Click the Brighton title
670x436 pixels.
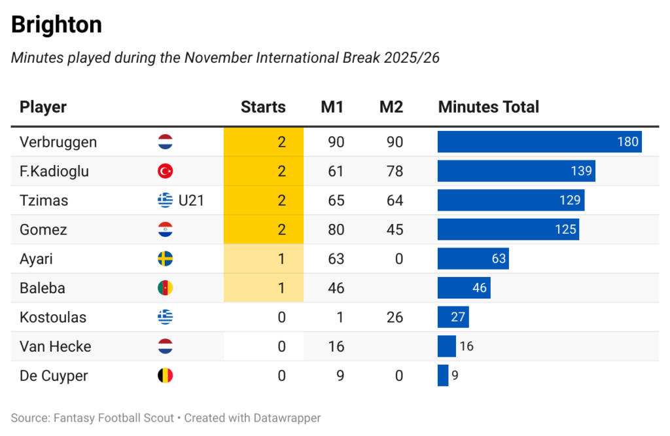pyautogui.click(x=56, y=25)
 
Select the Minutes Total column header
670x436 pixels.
pyautogui.click(x=488, y=107)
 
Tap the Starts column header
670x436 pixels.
pyautogui.click(x=263, y=107)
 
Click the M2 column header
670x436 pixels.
pyautogui.click(x=391, y=107)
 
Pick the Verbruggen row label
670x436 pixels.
pyautogui.click(x=58, y=142)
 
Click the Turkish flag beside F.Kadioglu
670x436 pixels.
pyautogui.click(x=166, y=172)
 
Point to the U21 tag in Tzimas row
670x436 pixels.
pyautogui.click(x=191, y=200)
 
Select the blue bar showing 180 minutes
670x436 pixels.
pyautogui.click(x=539, y=142)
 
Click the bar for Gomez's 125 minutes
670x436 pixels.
pyautogui.click(x=508, y=229)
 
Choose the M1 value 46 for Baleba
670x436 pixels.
pyautogui.click(x=336, y=288)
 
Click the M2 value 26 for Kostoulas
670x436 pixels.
pyautogui.click(x=395, y=318)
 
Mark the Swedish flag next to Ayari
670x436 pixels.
pyautogui.click(x=166, y=259)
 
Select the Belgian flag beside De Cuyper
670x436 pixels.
pyautogui.click(x=166, y=376)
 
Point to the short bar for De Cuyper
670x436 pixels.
pyautogui.click(x=443, y=376)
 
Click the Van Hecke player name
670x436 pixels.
pyautogui.click(x=56, y=346)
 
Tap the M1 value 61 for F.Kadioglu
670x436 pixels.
pyautogui.click(x=336, y=172)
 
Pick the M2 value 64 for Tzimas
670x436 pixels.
pyautogui.click(x=395, y=200)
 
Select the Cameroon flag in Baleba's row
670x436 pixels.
pyautogui.click(x=166, y=288)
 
